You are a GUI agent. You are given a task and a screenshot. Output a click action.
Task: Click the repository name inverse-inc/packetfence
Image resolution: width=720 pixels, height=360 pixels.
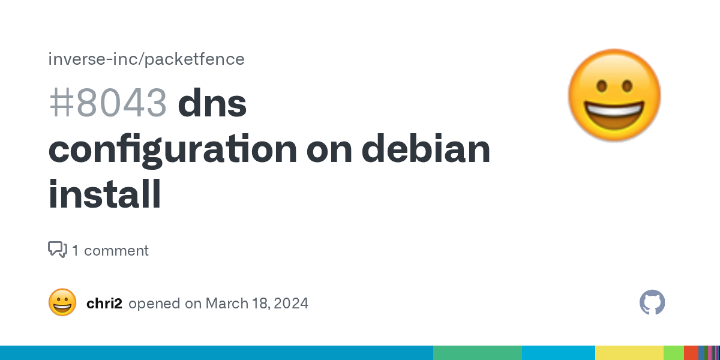pos(146,59)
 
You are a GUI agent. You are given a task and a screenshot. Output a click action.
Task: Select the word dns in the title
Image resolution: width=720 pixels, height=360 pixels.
pos(212,102)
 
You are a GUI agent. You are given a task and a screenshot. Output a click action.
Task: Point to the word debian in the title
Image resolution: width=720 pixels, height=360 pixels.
pos(426,148)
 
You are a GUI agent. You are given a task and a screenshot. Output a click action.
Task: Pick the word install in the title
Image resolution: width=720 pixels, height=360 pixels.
pos(104,194)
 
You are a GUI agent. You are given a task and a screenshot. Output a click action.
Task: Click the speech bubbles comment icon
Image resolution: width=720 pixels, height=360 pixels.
pos(58,250)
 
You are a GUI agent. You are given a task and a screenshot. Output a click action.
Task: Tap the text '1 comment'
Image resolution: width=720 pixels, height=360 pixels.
pos(110,251)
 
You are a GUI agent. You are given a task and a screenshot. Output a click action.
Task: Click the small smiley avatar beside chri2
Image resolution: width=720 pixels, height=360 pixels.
pos(62,302)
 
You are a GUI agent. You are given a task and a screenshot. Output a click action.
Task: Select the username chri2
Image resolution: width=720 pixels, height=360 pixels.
pos(104,304)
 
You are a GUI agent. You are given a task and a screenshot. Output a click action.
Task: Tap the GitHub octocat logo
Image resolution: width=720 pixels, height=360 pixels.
pos(652,302)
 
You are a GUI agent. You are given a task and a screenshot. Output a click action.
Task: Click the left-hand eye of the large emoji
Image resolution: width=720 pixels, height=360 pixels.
pos(602,86)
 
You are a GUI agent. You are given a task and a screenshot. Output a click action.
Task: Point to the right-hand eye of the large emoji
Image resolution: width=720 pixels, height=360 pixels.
pos(627,86)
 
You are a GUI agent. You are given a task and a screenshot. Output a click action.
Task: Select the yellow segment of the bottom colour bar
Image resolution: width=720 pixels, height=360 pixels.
pos(629,353)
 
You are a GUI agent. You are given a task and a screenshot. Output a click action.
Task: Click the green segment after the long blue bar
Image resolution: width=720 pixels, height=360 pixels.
pos(478,353)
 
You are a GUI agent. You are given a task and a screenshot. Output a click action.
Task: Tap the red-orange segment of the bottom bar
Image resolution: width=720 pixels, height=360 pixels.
pos(691,353)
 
